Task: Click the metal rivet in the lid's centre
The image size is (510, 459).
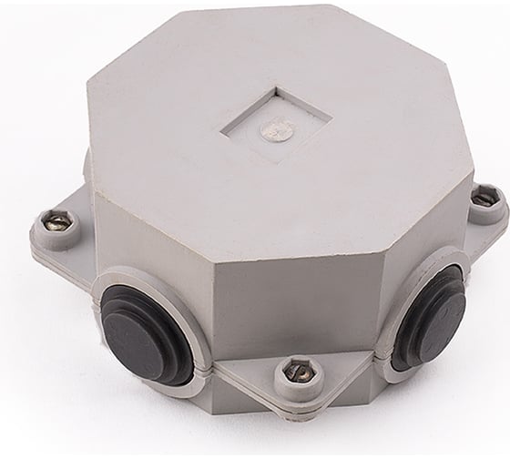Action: [277, 130]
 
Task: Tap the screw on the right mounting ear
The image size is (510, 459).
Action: [484, 198]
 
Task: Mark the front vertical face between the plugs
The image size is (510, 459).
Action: [296, 291]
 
